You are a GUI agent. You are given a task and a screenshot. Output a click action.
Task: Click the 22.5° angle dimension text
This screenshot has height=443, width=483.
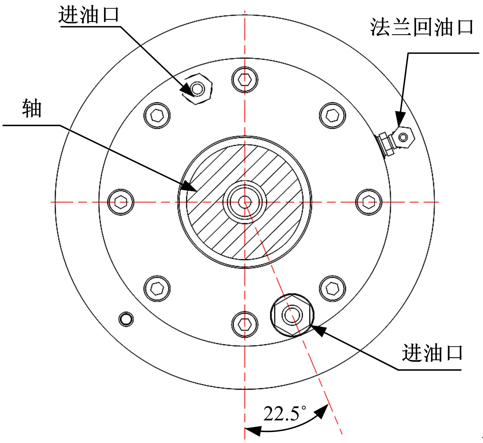coord(285,413)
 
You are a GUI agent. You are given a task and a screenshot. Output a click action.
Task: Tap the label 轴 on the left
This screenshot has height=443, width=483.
coord(32,109)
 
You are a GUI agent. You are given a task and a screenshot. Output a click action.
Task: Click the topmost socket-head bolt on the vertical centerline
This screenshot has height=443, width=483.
coord(245,80)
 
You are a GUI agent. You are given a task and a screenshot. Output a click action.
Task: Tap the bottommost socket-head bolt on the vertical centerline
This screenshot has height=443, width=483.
coord(245,325)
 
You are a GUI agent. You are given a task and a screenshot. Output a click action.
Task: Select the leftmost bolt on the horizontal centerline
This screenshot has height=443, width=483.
coord(121,202)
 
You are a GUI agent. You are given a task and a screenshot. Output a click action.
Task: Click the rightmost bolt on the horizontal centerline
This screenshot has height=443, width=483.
coord(369,202)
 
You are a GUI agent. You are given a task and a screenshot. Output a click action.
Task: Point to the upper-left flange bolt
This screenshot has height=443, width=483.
coord(157,115)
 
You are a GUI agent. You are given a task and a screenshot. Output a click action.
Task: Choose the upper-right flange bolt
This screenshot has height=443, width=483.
coord(333,115)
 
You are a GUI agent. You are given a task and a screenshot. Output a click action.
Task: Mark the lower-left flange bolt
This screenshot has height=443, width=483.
coord(157,289)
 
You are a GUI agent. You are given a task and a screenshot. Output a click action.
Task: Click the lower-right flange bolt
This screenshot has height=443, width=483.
coord(333,289)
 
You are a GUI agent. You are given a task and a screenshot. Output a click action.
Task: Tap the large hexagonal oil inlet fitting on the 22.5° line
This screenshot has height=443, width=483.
coord(292,315)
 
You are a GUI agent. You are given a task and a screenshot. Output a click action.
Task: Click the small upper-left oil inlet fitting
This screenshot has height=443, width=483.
coord(197,89)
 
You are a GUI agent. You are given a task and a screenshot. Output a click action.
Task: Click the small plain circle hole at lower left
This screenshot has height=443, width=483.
coord(126,319)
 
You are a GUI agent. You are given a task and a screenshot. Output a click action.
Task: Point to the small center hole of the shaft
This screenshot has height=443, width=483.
coord(245,202)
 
